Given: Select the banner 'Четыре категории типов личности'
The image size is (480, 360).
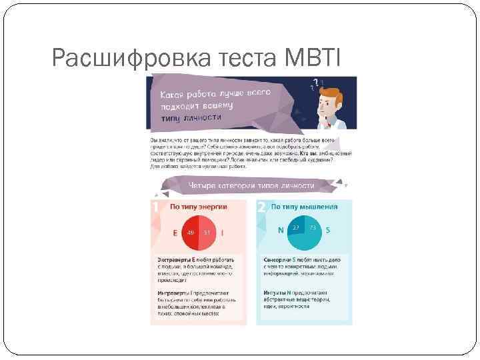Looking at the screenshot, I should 251,185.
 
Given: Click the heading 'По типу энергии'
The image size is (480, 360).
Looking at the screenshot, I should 198,207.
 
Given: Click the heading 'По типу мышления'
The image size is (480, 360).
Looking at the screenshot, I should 303,207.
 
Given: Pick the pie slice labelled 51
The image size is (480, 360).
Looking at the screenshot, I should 207,233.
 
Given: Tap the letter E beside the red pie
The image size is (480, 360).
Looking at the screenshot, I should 175,233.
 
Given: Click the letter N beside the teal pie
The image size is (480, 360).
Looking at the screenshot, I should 281,230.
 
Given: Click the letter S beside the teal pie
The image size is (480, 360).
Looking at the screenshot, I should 329,230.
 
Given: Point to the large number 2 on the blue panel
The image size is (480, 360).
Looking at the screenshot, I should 261,207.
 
